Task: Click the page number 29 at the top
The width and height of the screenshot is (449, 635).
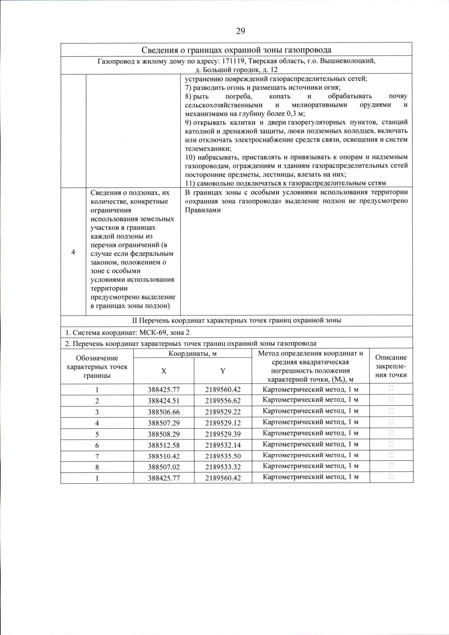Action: (241, 31)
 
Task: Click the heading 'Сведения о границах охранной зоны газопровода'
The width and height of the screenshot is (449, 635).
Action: (236, 50)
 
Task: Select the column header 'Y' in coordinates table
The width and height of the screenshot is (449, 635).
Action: (223, 371)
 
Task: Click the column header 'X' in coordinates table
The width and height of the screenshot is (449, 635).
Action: (164, 371)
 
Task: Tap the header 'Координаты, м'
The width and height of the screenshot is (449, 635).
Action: (193, 353)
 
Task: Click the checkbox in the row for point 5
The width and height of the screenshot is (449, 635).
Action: (391, 433)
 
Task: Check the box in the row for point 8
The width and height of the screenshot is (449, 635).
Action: (391, 466)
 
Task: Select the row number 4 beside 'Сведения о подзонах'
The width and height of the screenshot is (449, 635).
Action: (73, 252)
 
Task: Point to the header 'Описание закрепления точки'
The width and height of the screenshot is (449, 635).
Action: (391, 366)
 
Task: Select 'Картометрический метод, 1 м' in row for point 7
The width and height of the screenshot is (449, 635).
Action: (311, 455)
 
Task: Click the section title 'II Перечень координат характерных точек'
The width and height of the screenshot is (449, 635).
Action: (236, 320)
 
